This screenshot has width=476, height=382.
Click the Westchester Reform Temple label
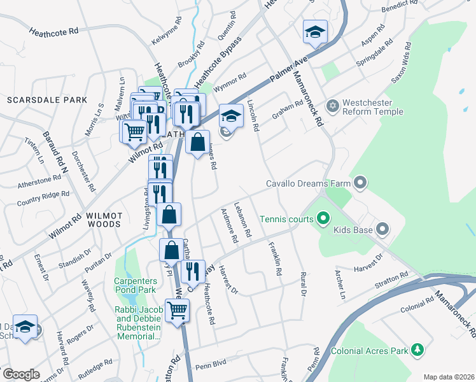[372, 108]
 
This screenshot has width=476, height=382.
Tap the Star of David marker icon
[331, 105]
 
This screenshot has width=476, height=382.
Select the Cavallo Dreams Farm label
[309, 184]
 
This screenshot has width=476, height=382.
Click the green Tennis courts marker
[323, 219]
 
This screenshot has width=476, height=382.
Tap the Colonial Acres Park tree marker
[417, 349]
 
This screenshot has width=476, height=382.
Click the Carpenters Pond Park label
[135, 285]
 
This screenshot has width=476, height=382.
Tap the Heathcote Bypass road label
[218, 63]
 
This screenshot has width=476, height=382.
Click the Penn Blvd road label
[211, 365]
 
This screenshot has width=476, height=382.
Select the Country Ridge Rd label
[43, 198]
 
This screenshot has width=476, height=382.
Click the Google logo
[21, 374]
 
